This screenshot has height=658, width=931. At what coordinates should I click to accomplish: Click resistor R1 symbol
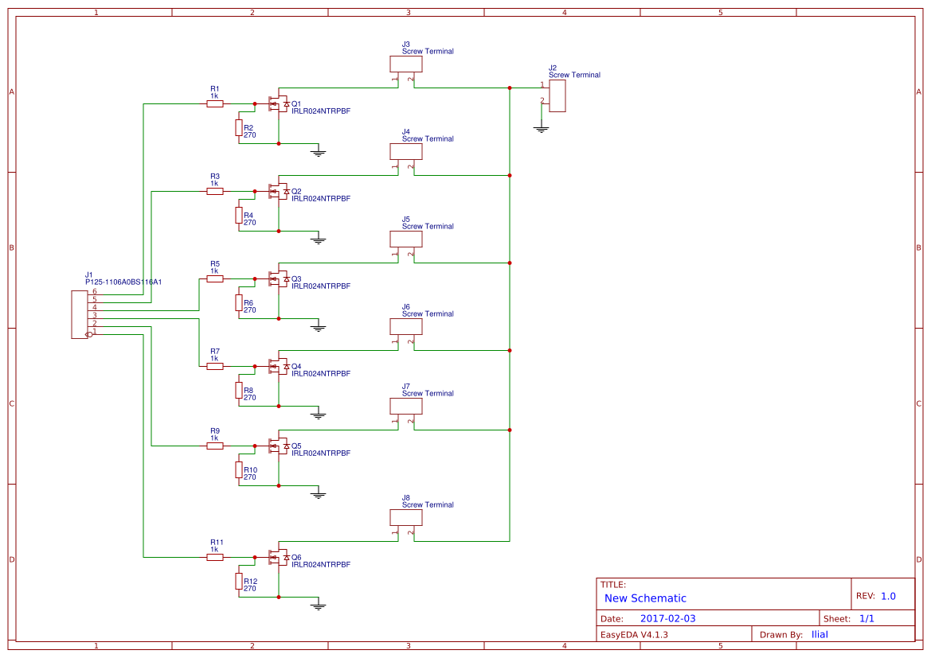[215, 103]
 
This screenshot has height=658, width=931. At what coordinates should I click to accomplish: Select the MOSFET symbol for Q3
[278, 278]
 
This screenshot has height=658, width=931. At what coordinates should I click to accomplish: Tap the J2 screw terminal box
[557, 95]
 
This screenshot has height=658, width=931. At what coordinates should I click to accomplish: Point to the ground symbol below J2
[542, 128]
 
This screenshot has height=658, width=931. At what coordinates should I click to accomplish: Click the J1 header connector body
[79, 315]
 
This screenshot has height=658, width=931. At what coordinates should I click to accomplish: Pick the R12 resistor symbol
[238, 582]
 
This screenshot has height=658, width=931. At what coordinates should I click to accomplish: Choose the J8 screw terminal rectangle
[406, 517]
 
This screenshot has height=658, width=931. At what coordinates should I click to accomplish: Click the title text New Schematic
[645, 598]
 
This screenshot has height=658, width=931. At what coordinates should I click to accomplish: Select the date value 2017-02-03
[667, 618]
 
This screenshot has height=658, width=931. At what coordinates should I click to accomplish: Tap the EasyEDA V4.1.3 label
[634, 635]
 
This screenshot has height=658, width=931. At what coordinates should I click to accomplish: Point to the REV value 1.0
[888, 596]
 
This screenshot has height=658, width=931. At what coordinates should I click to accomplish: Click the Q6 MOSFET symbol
[278, 557]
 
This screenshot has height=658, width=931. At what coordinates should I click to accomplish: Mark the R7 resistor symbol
[215, 366]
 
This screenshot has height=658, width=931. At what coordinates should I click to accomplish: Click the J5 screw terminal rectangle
[406, 239]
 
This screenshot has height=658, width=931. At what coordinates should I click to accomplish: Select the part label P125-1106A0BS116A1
[123, 282]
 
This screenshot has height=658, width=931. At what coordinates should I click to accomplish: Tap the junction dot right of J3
[509, 88]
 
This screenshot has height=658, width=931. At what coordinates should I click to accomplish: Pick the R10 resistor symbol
[238, 470]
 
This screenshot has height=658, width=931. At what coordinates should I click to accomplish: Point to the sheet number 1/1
[866, 618]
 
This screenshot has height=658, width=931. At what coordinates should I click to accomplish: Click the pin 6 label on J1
[94, 291]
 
